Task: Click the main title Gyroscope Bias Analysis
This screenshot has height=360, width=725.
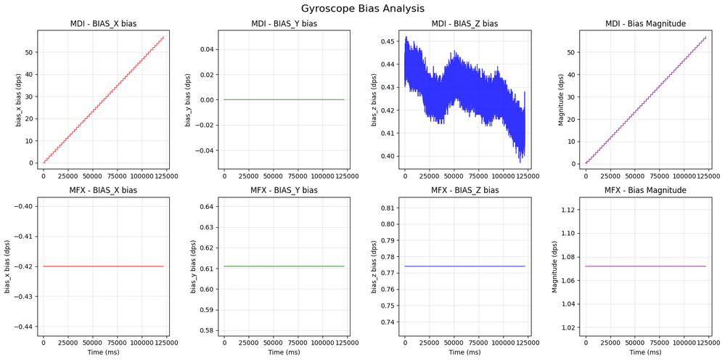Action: click(x=363, y=9)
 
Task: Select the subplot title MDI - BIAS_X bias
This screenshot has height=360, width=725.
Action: click(x=103, y=24)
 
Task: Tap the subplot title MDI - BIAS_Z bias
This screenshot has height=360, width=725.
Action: click(x=464, y=24)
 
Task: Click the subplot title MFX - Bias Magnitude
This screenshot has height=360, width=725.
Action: click(x=645, y=190)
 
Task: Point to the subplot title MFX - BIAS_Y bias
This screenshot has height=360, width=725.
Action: click(x=284, y=190)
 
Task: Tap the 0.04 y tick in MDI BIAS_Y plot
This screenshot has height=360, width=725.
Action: click(x=204, y=49)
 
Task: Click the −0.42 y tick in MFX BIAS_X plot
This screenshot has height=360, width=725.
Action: click(x=20, y=266)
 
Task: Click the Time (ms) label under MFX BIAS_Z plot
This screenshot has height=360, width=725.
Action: click(x=464, y=352)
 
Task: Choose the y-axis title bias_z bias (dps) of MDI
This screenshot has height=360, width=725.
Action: click(x=374, y=99)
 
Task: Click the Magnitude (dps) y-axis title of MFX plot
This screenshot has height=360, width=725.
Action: click(x=554, y=266)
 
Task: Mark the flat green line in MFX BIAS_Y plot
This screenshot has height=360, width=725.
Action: click(x=284, y=266)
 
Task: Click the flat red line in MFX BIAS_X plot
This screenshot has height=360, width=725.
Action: click(x=103, y=266)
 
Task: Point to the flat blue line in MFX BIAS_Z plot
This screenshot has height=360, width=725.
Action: click(x=464, y=266)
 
